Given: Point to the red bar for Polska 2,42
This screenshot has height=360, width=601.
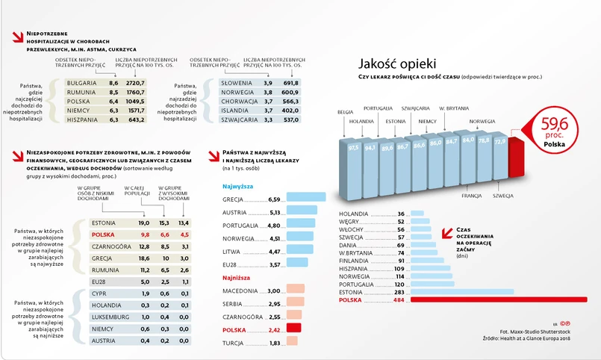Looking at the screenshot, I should point(293,327).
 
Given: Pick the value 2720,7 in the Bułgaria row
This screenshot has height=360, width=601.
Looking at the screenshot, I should point(134,82).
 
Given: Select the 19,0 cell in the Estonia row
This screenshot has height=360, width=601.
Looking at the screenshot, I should point(144,223).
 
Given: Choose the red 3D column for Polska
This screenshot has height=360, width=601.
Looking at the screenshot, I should point(516,158).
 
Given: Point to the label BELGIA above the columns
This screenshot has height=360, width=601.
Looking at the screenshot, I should point(345,111).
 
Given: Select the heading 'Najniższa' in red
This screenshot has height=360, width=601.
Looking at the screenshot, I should point(237,276).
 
